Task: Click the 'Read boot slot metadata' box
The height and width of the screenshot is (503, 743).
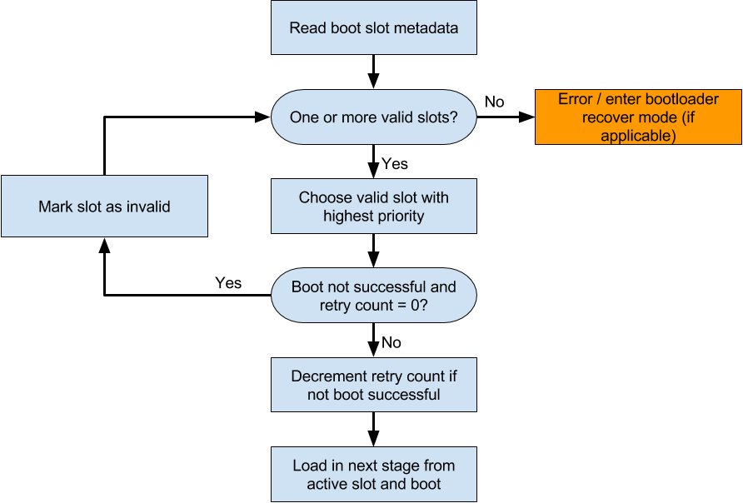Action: [x=373, y=27]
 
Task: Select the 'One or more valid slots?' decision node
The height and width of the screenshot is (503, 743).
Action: [x=373, y=117]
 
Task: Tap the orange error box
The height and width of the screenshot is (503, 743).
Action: [x=638, y=117]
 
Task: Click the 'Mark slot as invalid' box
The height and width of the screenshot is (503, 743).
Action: [x=104, y=207]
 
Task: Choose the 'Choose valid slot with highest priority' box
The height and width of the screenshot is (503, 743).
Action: [x=373, y=207]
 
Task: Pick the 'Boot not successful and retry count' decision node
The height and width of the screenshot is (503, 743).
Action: [x=373, y=296]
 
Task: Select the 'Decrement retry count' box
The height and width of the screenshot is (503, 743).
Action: [x=373, y=385]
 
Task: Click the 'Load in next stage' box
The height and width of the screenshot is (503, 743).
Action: [x=373, y=475]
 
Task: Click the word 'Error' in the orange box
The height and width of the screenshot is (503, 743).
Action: [x=575, y=99]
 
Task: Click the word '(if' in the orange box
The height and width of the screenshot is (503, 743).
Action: [x=685, y=117]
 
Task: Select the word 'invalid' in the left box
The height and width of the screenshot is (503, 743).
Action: [x=148, y=207]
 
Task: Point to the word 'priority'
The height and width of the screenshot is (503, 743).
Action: [x=398, y=216]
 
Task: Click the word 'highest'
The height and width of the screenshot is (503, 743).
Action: [x=347, y=216]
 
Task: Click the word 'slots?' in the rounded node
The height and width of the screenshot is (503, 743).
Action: [x=436, y=117]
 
